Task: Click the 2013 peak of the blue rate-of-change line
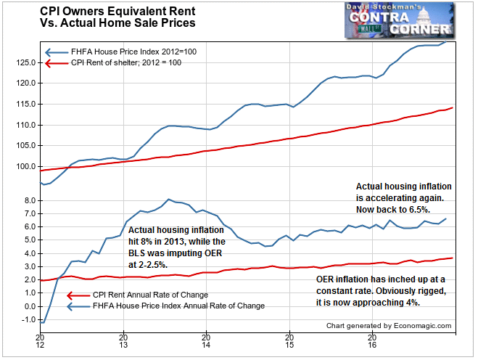(x=169, y=199)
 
